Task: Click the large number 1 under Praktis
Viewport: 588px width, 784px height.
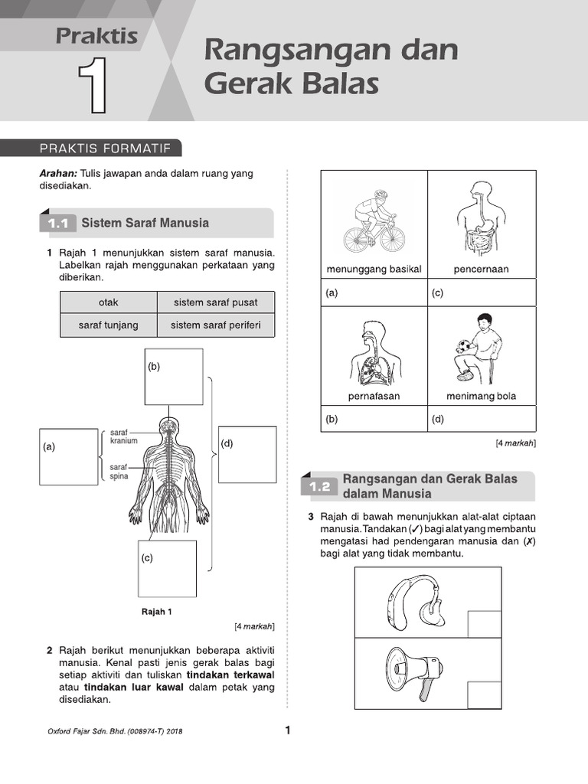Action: point(93,85)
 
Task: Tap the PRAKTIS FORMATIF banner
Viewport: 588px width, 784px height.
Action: point(91,149)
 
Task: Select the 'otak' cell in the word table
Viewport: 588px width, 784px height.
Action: point(109,302)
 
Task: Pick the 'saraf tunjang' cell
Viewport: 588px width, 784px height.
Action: point(109,325)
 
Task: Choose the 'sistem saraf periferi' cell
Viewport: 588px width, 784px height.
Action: point(216,325)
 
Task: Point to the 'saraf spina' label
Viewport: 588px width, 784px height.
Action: point(119,472)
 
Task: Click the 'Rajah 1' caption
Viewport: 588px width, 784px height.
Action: point(157,612)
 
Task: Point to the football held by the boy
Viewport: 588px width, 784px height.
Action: point(462,348)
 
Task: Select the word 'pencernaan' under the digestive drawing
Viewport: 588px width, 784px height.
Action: point(481,269)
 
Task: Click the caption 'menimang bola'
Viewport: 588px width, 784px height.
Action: point(481,396)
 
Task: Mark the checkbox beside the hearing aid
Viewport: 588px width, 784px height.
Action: point(484,624)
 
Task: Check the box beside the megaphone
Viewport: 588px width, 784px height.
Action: point(484,695)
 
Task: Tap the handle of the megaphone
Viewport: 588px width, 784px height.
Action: point(425,690)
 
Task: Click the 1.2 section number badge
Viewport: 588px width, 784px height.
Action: point(320,486)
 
